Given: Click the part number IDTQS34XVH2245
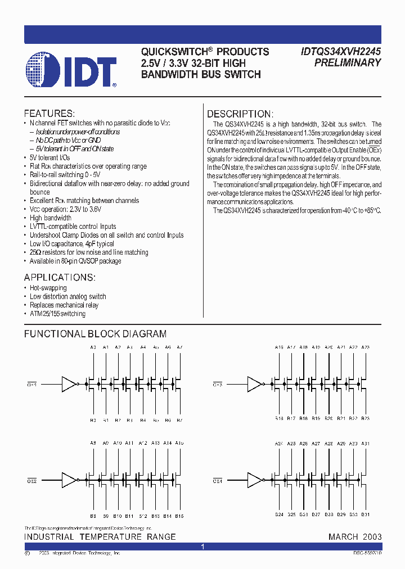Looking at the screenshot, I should click(339, 51).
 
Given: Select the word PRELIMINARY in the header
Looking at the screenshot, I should click(347, 63).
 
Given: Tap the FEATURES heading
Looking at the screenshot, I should click(49, 113).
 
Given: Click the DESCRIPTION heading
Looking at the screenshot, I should click(240, 114).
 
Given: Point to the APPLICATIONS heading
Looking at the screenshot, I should click(60, 278).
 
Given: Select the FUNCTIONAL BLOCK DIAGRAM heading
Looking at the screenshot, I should click(95, 334).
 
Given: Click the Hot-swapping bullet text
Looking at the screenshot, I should click(48, 288).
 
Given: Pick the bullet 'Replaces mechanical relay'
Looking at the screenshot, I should click(64, 305).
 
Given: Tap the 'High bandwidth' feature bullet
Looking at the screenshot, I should click(51, 218).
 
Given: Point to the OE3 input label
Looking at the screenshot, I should click(217, 385).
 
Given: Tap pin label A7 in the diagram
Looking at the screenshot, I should click(179, 347).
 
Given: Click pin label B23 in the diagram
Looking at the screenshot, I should click(366, 419).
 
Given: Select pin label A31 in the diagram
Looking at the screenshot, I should click(366, 444).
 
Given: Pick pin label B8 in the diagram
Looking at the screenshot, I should click(93, 516).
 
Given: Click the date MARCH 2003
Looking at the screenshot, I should click(355, 536).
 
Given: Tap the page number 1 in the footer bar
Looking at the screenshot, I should click(202, 547).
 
